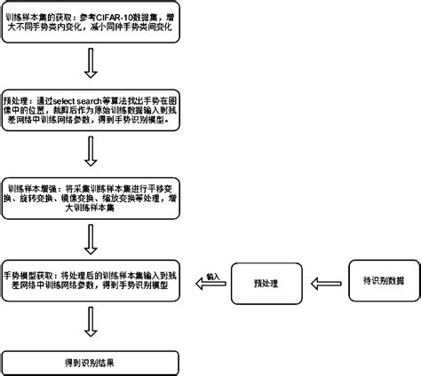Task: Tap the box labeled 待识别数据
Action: [x=377, y=281]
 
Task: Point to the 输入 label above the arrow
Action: [x=212, y=277]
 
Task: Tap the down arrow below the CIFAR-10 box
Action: [x=90, y=64]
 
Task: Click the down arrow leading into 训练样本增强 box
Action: [x=90, y=151]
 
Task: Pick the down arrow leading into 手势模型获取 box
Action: [x=90, y=237]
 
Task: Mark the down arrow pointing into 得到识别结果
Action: [x=90, y=322]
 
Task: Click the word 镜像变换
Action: [x=75, y=200]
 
